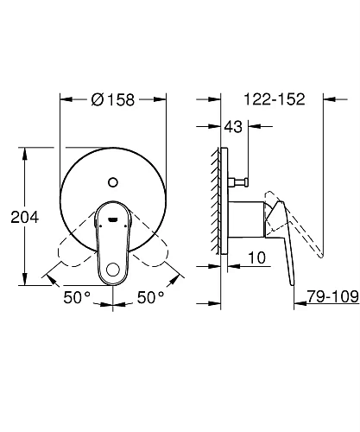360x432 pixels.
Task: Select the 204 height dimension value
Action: tap(24, 219)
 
